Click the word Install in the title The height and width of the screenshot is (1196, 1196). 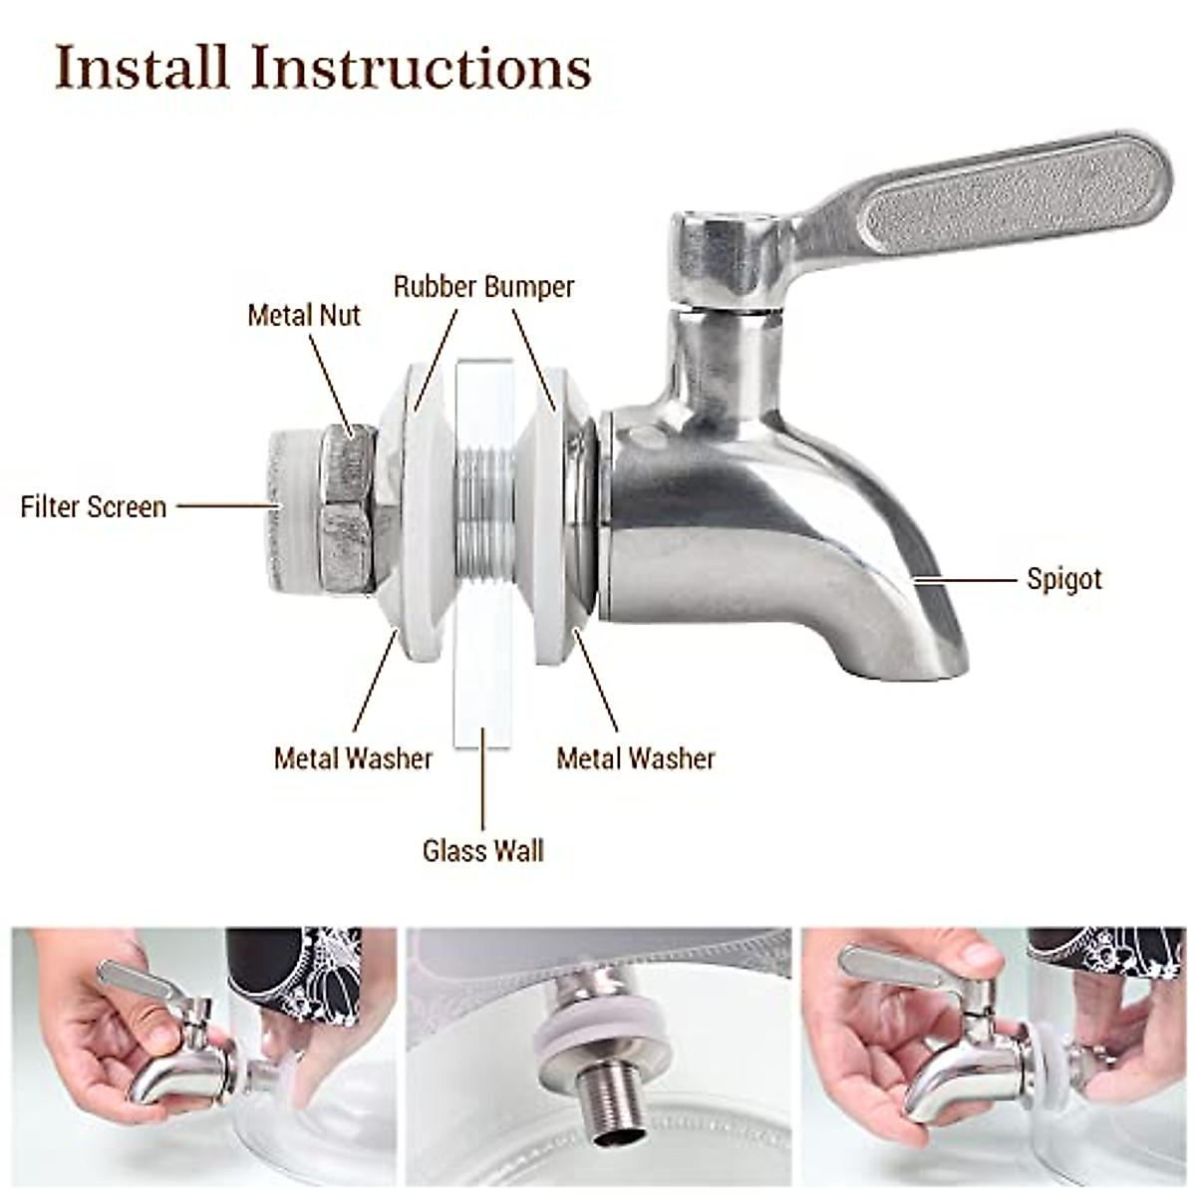[x=143, y=68]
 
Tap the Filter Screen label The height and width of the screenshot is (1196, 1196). [x=93, y=506]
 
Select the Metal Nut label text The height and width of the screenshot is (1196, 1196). [x=303, y=315]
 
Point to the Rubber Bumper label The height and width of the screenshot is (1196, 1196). [x=483, y=287]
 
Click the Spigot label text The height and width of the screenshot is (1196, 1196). [x=1064, y=579]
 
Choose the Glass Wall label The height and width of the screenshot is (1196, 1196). [x=482, y=850]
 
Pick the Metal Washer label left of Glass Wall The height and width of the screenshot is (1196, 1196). [x=353, y=758]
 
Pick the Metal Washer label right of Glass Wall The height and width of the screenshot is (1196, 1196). [x=636, y=758]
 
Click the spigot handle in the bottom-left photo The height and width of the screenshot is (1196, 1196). [x=130, y=982]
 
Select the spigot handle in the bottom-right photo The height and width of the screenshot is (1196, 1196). [x=902, y=967]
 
